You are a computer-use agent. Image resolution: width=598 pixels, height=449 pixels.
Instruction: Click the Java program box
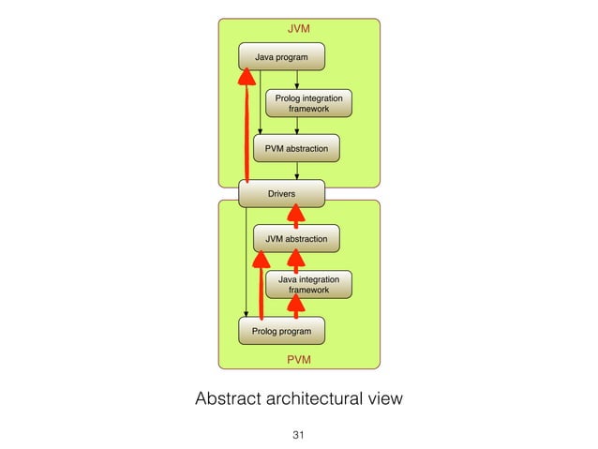coord(281,57)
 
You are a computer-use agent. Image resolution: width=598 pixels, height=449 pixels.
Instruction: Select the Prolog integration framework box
coord(308,103)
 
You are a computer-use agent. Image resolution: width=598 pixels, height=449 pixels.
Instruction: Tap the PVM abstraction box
coord(296,149)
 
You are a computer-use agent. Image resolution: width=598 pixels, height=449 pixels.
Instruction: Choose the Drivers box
coord(281,194)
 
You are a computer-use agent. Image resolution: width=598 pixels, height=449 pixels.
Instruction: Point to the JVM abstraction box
coord(296,239)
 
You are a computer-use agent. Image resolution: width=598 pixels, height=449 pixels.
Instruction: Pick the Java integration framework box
coord(308,285)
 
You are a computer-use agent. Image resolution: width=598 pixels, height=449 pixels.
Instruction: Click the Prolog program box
coord(281,331)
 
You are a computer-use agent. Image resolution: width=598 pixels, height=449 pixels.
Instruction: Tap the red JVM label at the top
coord(298,29)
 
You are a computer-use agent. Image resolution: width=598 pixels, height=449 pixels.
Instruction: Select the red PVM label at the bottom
coord(298,359)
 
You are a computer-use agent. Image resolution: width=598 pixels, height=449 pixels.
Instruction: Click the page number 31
coord(299,435)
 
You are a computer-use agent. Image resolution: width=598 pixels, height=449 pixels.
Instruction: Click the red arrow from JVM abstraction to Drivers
coord(296,217)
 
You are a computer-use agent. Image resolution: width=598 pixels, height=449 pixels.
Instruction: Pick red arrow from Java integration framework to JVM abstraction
coord(296,262)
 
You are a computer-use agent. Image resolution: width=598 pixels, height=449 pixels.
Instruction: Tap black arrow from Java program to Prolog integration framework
coord(296,80)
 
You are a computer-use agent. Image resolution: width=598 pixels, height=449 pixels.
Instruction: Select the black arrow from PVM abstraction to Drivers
coord(296,171)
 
